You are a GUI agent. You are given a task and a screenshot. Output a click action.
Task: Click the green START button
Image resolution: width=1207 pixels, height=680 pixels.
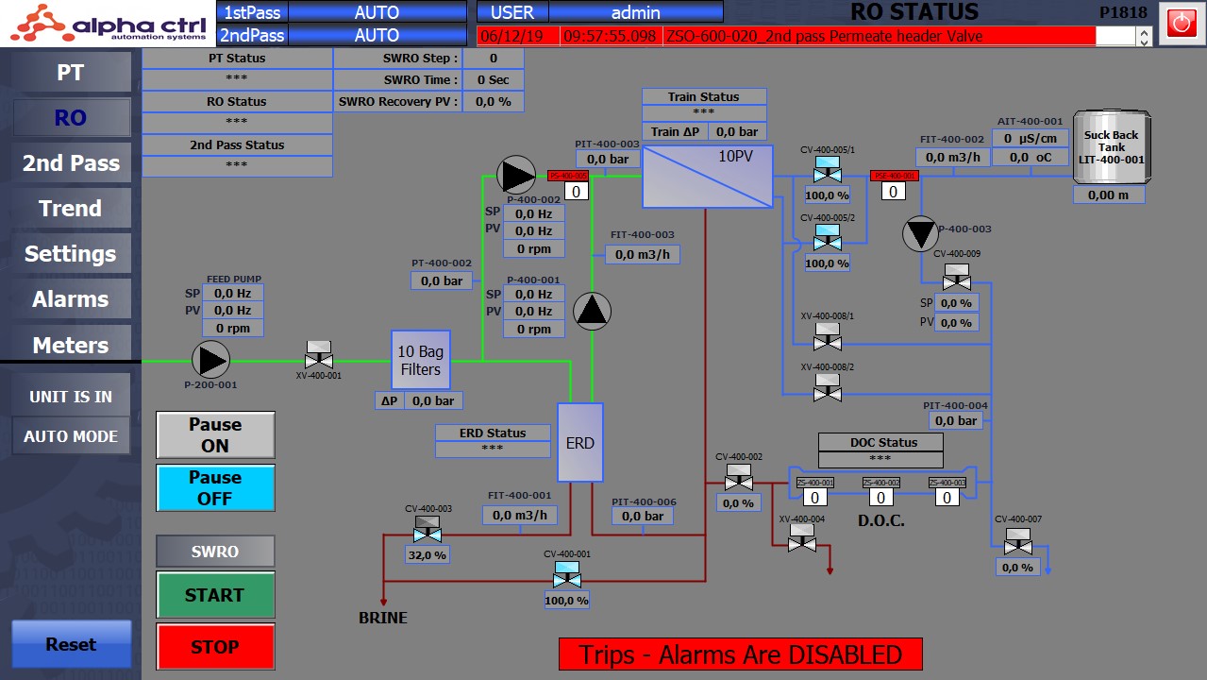point(214,595)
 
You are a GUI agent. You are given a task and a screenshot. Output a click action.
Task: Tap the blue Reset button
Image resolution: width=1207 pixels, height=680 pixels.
point(71,644)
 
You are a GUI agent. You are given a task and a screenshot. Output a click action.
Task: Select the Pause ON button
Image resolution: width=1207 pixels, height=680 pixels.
point(214,435)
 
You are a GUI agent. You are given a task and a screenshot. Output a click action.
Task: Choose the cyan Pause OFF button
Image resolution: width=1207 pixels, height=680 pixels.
point(214,487)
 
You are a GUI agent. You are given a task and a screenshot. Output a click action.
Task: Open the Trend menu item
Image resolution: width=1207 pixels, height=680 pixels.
point(70,208)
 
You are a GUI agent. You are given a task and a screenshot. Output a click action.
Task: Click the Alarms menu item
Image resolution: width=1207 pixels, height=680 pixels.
point(70,299)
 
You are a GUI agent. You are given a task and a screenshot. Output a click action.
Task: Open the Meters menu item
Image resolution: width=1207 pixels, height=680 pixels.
point(70,345)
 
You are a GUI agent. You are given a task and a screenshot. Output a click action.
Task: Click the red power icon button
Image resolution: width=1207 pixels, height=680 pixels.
point(1182,23)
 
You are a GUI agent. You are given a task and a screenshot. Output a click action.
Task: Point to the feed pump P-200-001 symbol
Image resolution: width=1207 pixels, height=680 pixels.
point(210,360)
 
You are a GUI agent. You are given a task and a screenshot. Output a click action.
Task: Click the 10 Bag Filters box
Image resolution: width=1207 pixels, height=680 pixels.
point(421,360)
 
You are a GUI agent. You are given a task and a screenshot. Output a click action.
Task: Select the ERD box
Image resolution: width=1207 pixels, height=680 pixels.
point(579,442)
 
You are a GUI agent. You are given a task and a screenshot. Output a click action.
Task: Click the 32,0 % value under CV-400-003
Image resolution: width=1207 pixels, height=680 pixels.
point(427,555)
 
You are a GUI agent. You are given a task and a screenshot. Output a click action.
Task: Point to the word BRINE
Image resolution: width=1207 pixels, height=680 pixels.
point(383,618)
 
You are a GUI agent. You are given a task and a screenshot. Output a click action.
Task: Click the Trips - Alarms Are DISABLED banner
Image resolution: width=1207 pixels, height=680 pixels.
point(740,654)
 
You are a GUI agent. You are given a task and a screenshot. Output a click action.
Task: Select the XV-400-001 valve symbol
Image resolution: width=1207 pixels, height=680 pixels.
point(319,355)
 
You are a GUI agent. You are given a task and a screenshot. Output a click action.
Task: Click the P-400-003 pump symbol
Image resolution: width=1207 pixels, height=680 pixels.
point(920,234)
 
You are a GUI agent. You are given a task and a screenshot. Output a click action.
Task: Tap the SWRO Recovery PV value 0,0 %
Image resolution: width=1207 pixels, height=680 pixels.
point(493,101)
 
